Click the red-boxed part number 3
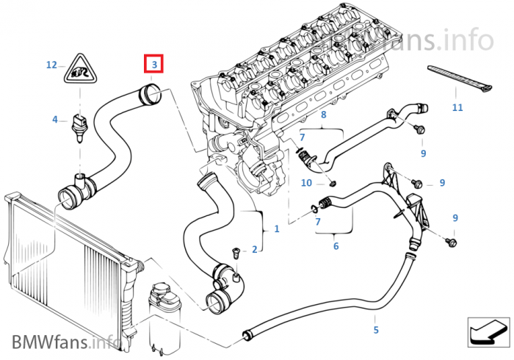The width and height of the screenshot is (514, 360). (153, 65)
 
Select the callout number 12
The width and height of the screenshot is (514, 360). (51, 65)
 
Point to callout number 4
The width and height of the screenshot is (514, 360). (54, 119)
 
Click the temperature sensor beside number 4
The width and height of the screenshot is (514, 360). (78, 126)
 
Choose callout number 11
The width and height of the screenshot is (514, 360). (457, 108)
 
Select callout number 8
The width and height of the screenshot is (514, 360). (322, 115)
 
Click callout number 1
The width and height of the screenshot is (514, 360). (276, 229)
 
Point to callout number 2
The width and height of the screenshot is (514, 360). (255, 250)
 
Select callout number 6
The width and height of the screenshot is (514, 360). (336, 246)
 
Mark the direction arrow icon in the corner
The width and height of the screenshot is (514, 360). (488, 331)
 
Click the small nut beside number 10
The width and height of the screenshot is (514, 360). (333, 182)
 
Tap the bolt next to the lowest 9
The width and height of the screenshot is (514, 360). (452, 240)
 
